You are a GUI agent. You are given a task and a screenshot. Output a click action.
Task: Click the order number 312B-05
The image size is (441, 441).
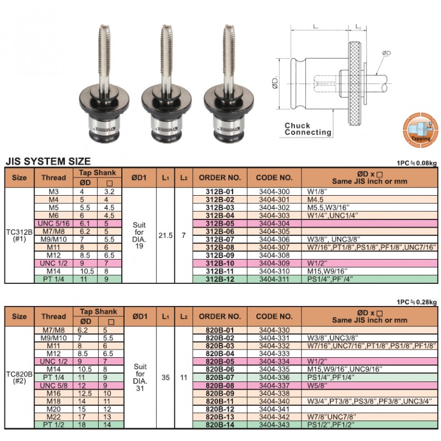tap(219, 224)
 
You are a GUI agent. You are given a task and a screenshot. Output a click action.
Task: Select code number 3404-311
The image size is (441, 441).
tap(274, 279)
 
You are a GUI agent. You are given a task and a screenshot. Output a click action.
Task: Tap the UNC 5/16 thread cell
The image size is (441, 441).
tap(53, 224)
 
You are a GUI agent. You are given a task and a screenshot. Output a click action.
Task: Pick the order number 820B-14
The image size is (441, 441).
tap(219, 424)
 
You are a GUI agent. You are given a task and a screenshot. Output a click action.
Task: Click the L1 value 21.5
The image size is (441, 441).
tap(165, 235)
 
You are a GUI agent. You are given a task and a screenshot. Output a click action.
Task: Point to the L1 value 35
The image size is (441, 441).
tap(165, 378)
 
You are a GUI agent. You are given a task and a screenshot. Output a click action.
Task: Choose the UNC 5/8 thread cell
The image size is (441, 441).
tap(53, 385)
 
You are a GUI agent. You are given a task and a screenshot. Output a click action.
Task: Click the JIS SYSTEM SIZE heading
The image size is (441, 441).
tap(48, 162)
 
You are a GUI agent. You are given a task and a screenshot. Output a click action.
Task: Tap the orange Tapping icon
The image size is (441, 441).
tap(420, 131)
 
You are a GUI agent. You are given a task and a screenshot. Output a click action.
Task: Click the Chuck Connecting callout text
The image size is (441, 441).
tap(308, 129)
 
